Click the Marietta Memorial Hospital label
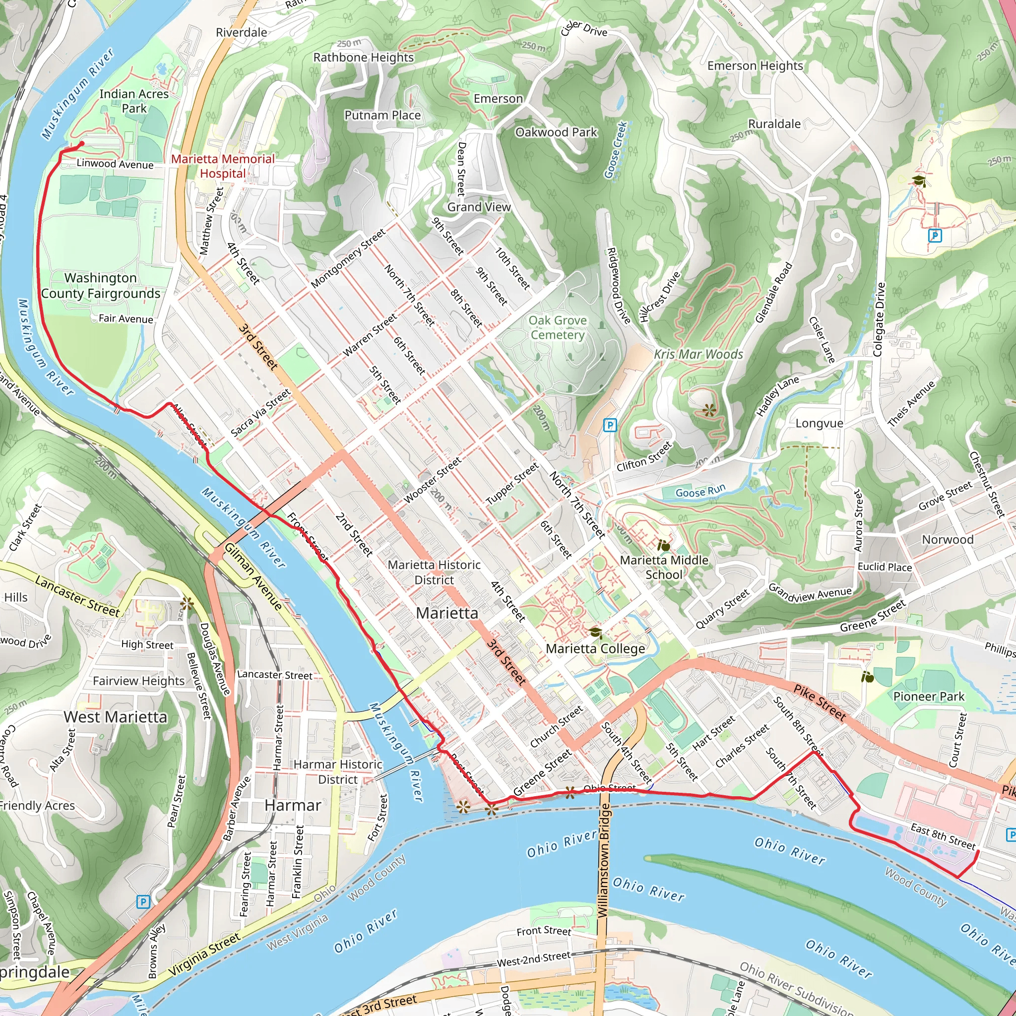pos(222,166)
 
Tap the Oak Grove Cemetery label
pos(558,327)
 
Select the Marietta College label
pos(595,648)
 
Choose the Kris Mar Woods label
pos(698,354)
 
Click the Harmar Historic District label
pos(338,771)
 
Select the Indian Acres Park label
pos(134,101)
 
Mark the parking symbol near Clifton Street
pos(610,425)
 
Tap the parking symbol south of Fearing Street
pos(142,902)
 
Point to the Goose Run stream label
pos(700,491)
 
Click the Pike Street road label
pos(820,703)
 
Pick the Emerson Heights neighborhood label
pos(755,66)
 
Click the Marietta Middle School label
pos(664,567)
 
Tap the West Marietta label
pos(115,717)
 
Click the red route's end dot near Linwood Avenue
pos(81,143)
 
